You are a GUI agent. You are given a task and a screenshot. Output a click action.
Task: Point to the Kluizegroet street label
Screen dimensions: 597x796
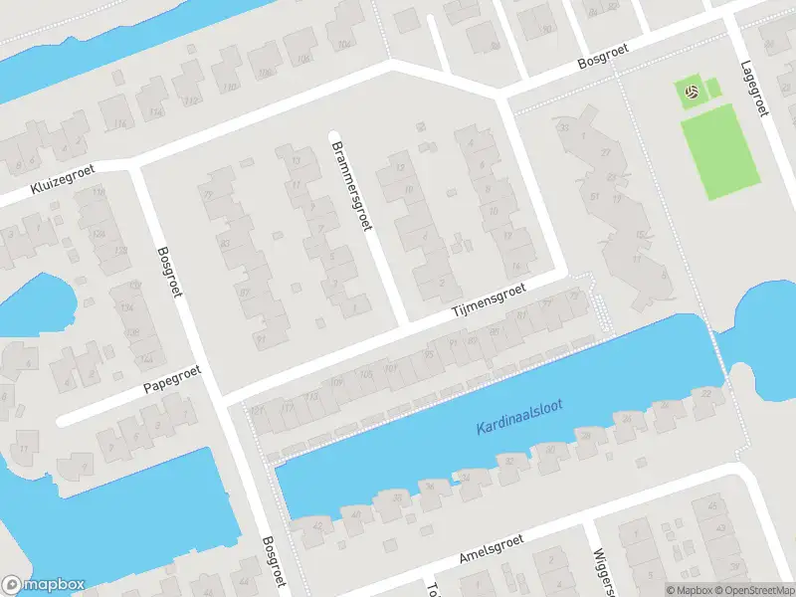[62, 183]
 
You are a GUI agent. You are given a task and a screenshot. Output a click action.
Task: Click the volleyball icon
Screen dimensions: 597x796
[691, 93]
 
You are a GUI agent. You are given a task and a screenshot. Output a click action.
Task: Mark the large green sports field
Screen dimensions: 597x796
[723, 153]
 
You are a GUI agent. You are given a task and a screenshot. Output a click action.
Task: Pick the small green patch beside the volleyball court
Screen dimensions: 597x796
[713, 90]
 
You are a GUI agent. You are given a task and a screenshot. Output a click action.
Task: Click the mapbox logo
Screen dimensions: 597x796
[44, 585]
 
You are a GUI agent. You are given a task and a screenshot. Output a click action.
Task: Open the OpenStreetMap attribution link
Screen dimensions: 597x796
[752, 589]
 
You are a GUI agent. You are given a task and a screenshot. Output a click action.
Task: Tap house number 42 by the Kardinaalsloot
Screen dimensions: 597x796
[318, 525]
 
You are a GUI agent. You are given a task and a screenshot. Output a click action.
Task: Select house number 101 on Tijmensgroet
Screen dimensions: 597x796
[392, 369]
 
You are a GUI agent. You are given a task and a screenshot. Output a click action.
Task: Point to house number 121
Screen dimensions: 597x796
[260, 411]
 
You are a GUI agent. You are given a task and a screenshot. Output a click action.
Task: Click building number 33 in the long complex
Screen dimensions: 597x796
[565, 127]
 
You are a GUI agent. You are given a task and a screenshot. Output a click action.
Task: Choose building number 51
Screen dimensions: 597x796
[594, 196]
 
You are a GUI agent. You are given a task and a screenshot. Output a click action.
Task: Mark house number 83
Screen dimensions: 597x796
[226, 243]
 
